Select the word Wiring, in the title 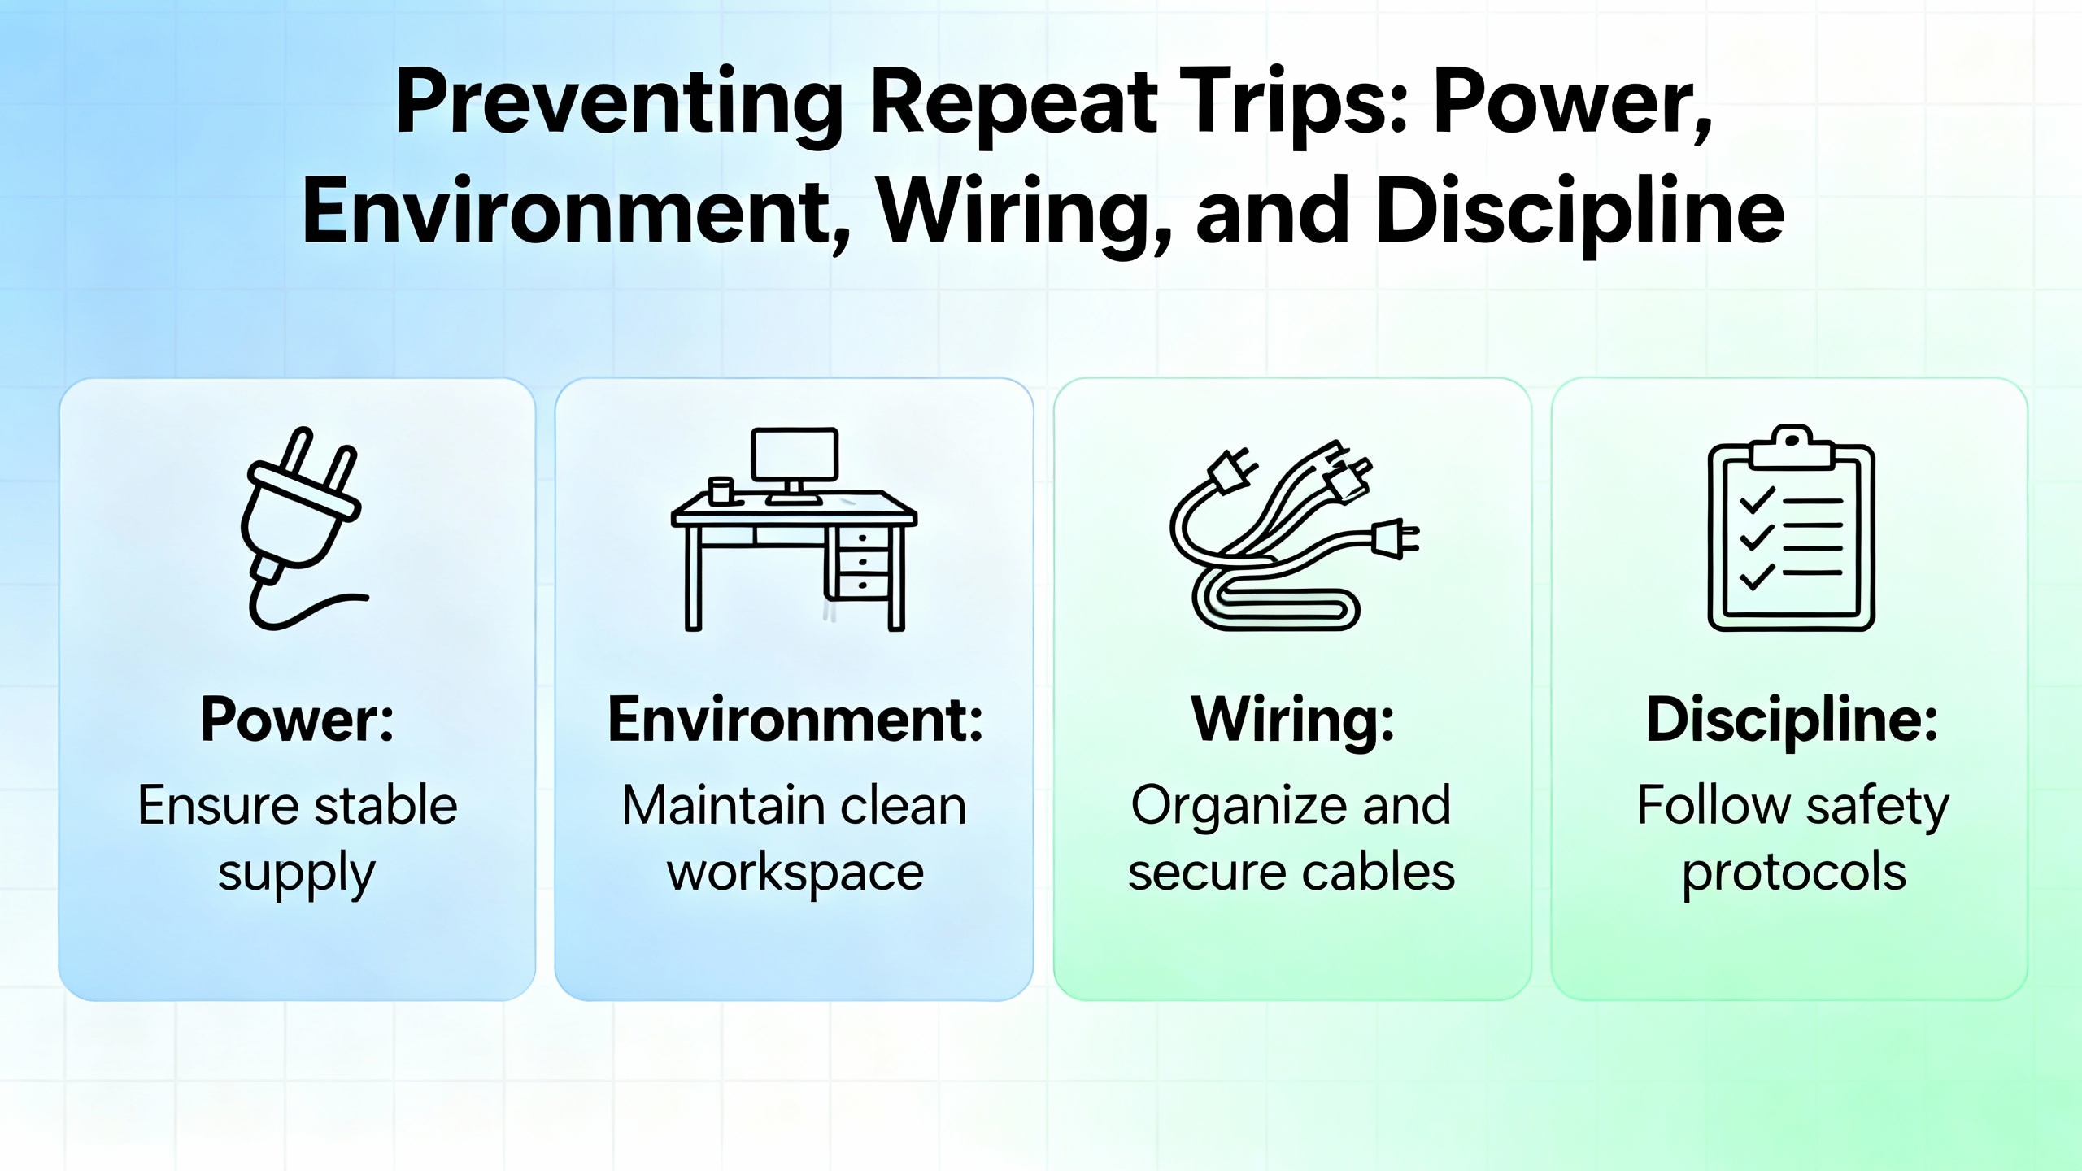tap(1025, 213)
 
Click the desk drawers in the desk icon tap(862, 563)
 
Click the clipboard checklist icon tap(1792, 528)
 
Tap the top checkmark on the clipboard tap(1757, 500)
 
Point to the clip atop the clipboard tap(1792, 446)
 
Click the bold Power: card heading tap(298, 720)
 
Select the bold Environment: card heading tap(795, 720)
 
